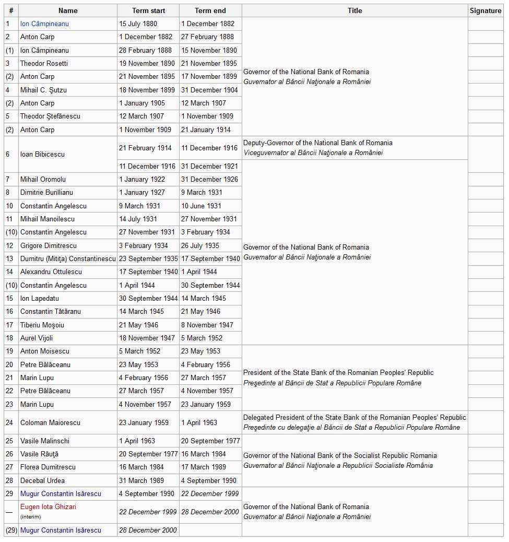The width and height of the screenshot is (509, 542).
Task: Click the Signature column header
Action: pos(485,10)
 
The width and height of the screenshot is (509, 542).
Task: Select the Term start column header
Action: pos(148,10)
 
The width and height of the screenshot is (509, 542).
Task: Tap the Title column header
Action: pos(354,10)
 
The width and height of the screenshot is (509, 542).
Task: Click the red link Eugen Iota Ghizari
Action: pos(48,506)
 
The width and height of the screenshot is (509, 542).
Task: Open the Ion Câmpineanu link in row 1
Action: pos(44,23)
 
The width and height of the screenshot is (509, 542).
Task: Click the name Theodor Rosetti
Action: pos(44,63)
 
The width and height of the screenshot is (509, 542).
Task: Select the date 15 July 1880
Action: pos(138,23)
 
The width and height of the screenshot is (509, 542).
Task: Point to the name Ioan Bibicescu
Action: pos(42,154)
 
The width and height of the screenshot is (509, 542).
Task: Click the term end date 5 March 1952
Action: pos(202,338)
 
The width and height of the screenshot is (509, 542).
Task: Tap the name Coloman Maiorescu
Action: pos(50,422)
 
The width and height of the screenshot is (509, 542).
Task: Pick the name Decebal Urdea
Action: pos(42,480)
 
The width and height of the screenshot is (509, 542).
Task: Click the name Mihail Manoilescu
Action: pos(47,219)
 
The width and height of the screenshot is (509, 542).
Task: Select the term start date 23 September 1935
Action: pos(148,258)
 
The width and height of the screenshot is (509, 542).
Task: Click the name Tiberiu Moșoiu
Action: pos(42,325)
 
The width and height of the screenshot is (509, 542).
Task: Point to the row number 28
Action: pos(9,480)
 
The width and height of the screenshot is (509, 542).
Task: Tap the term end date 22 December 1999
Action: pos(210,493)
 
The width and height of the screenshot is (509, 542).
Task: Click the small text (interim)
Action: pos(30,516)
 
